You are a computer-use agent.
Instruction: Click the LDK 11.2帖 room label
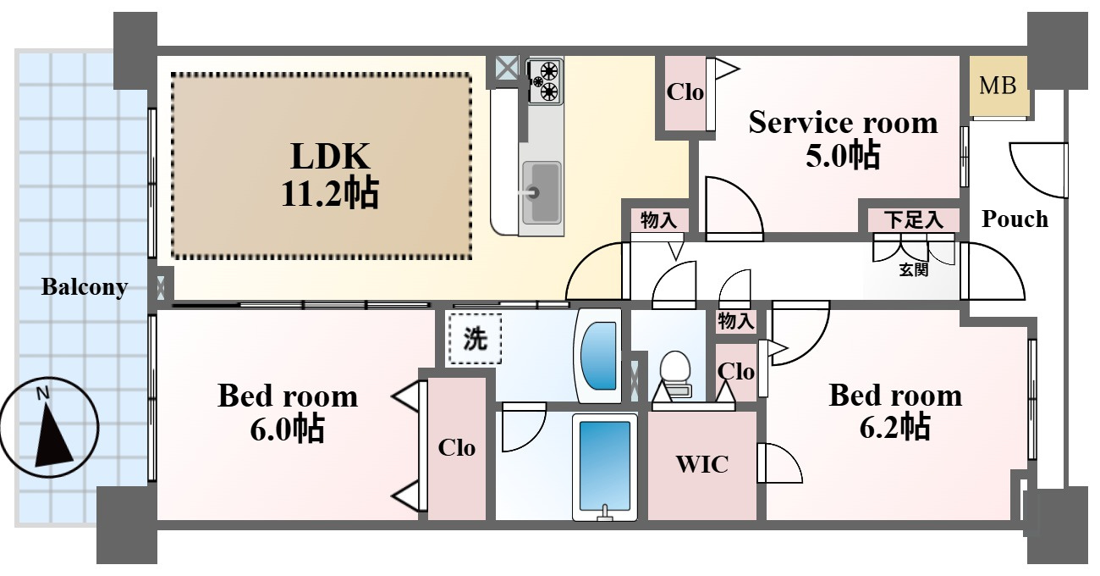(330, 174)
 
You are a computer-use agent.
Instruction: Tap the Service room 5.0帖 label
(843, 139)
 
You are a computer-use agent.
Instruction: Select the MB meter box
(998, 86)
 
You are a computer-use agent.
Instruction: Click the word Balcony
(85, 287)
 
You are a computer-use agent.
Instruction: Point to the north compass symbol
(49, 427)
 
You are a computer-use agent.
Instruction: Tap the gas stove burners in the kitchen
(545, 81)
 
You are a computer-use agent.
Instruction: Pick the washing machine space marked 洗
(475, 339)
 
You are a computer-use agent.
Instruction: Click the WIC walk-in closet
(701, 465)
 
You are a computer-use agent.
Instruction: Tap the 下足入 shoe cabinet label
(913, 220)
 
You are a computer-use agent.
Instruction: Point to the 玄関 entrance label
(913, 270)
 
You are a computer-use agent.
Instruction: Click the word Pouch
(1015, 219)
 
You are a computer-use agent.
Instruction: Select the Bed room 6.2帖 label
(894, 412)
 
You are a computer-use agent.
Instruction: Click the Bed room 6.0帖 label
(288, 413)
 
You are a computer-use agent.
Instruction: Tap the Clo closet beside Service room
(685, 93)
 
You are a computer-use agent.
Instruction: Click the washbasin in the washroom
(597, 355)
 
